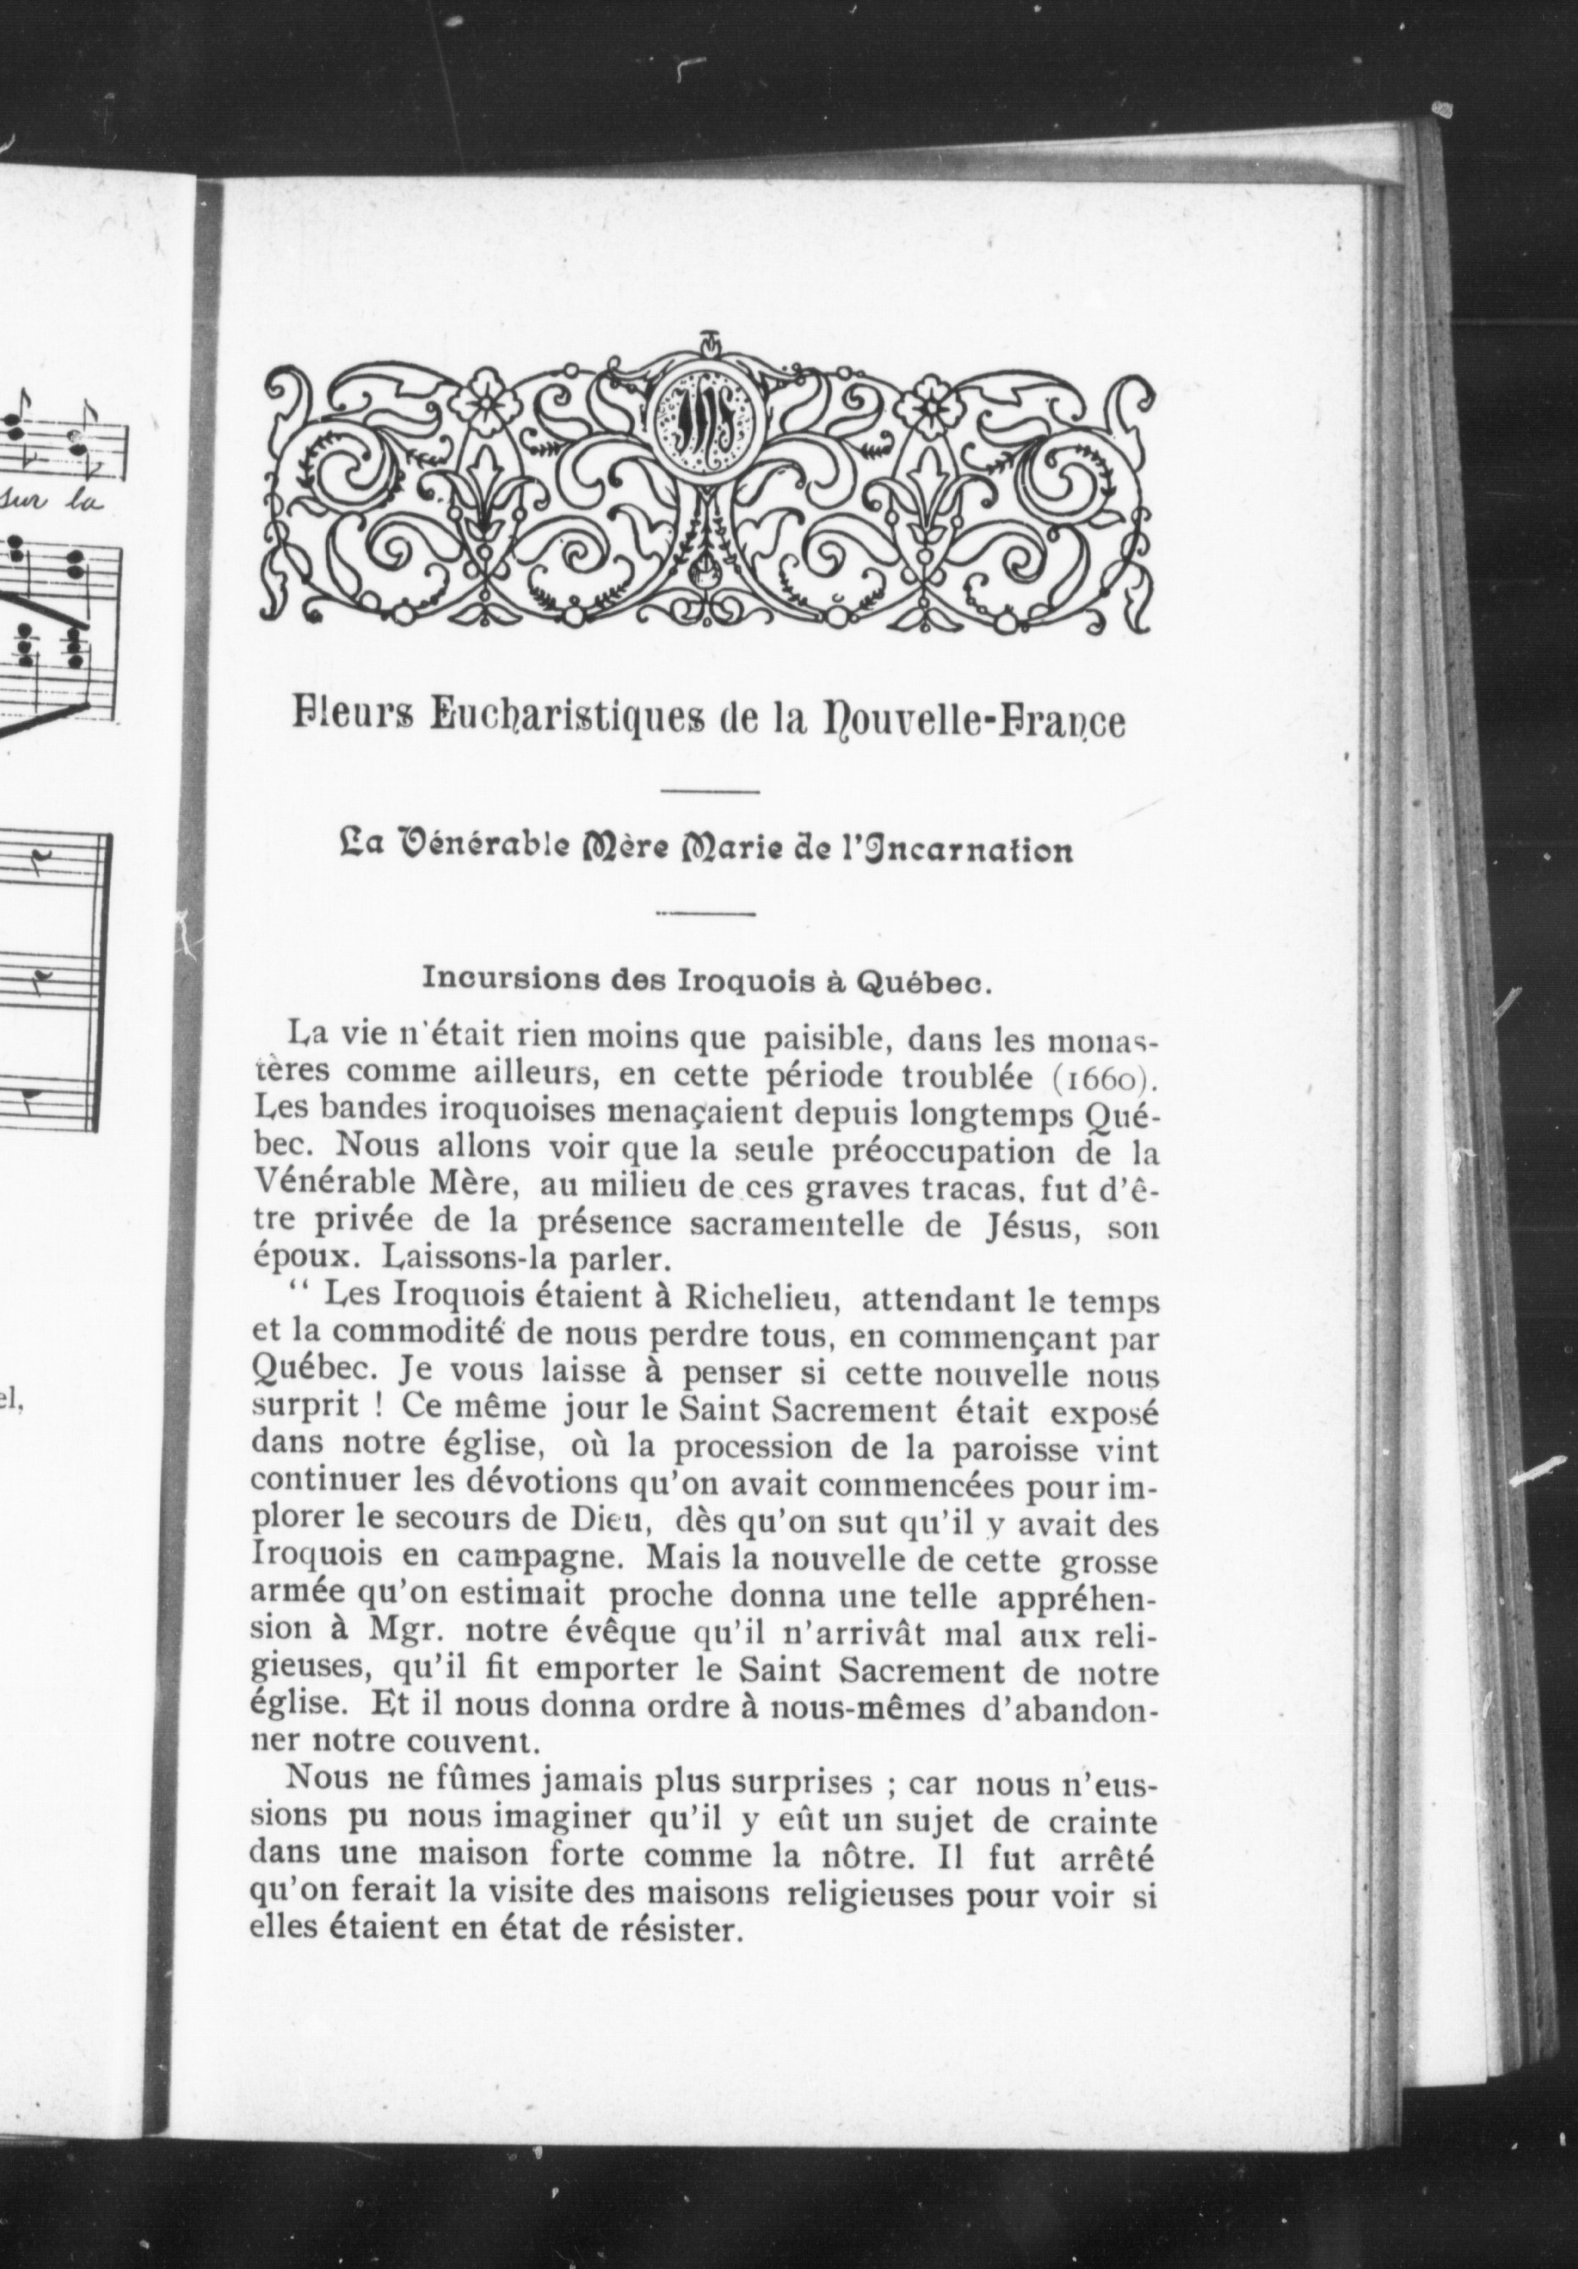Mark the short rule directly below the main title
[709, 791]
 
